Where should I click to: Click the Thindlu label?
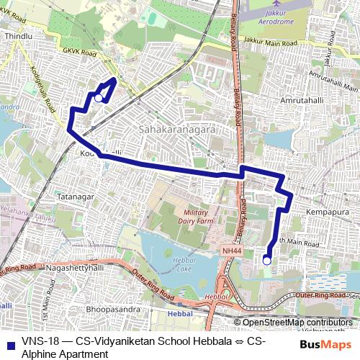19,35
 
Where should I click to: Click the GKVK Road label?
78,52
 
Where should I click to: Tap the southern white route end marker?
267,261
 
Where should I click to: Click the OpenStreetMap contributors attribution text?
297,322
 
